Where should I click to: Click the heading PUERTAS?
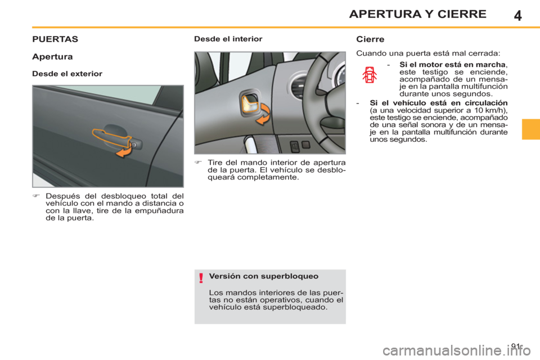point(55,40)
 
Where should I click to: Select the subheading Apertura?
point(51,57)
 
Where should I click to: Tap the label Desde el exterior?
point(67,74)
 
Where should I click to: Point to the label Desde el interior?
point(228,39)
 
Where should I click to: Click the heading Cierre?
point(370,40)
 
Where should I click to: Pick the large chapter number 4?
point(517,15)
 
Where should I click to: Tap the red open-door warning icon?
point(369,75)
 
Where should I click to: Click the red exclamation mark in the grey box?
point(200,278)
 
